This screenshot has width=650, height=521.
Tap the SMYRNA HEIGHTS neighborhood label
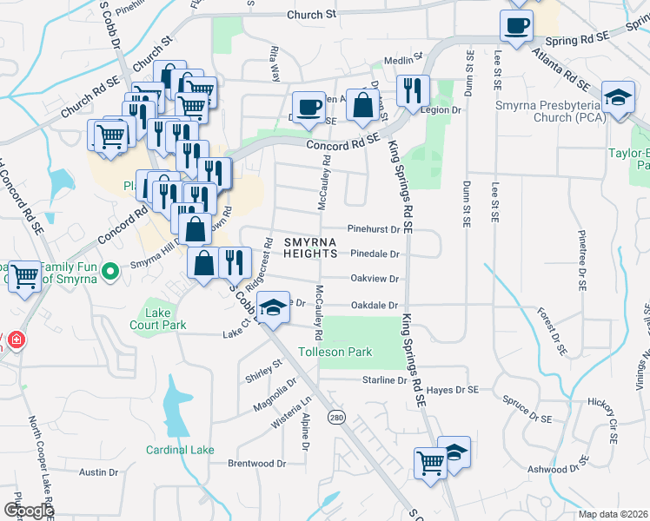(310, 247)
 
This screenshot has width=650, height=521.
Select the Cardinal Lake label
(180, 450)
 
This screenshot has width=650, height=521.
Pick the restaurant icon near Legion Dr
(411, 89)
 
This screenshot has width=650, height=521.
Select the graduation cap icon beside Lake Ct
(273, 309)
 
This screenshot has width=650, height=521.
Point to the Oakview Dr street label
(375, 279)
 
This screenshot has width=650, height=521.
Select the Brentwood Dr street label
(256, 464)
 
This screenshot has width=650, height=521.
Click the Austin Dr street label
(98, 472)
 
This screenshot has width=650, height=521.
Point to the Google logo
(29, 511)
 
